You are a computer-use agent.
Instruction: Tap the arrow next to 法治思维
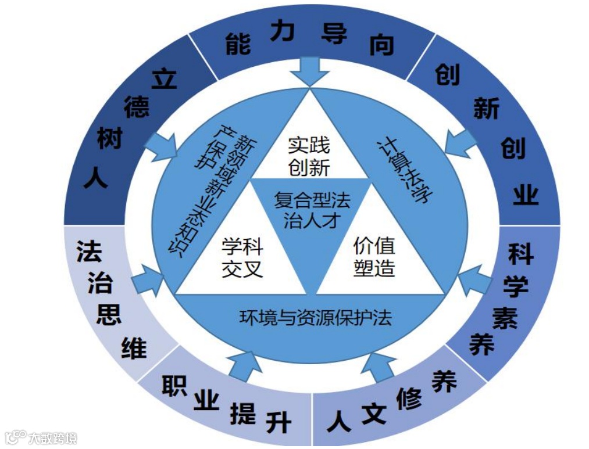coord(148,279)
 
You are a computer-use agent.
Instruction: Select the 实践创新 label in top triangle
coord(309,156)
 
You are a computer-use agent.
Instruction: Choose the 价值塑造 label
coord(374,256)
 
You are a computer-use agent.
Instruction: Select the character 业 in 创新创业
coord(524,195)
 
